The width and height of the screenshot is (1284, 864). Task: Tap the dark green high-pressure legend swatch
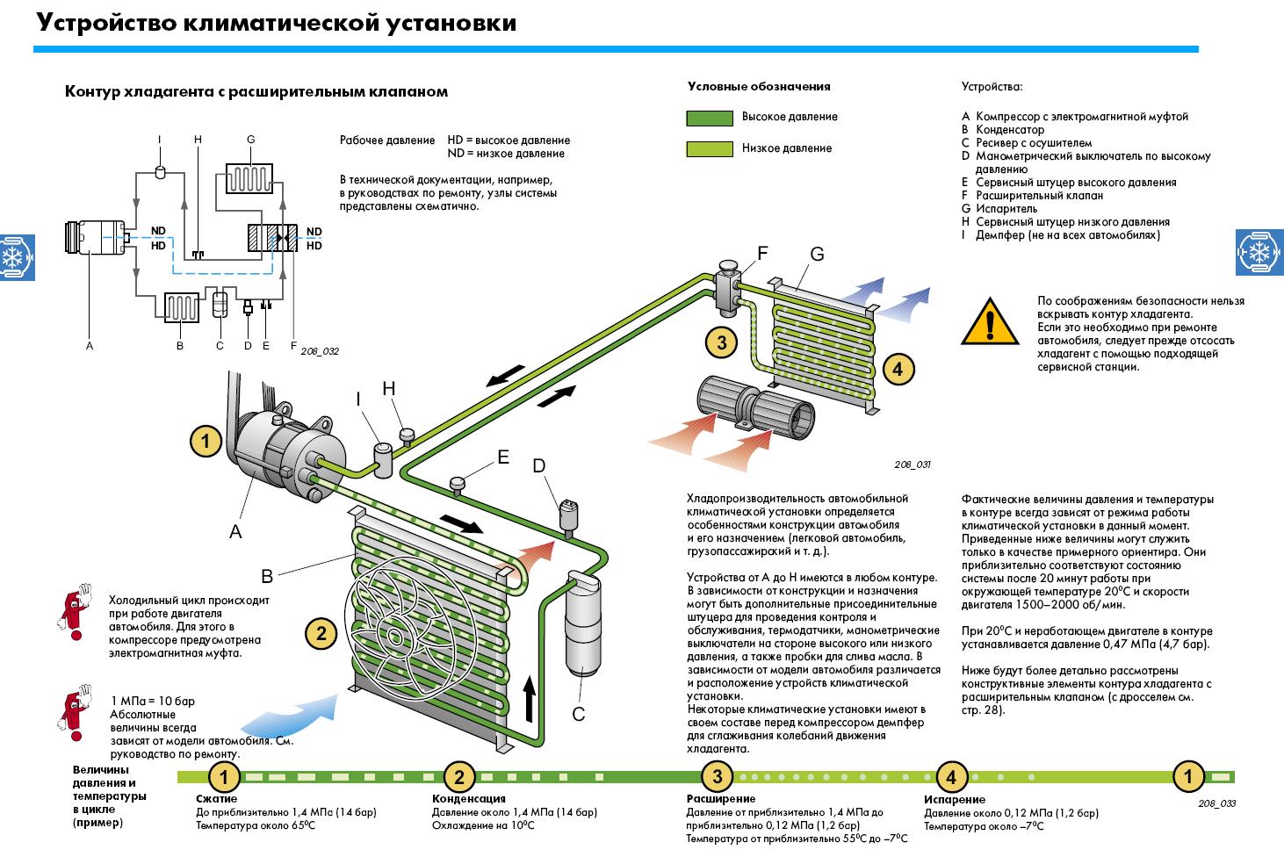point(709,118)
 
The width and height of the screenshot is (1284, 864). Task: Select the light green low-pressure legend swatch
point(709,149)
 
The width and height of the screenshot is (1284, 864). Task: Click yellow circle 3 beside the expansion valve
point(722,342)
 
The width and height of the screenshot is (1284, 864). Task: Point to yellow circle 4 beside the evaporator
point(898,369)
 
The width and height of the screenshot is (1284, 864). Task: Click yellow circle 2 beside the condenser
point(321,633)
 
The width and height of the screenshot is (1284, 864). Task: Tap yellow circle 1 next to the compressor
point(206,440)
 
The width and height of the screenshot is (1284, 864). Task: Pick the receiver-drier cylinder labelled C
point(581,625)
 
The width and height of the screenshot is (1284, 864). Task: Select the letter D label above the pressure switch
point(539,465)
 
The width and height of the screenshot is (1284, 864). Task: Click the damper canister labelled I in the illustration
point(383,460)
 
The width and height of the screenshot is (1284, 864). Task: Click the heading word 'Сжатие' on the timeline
point(216,799)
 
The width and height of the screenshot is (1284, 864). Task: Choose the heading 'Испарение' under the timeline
point(954,800)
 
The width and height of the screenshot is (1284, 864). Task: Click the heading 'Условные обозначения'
point(758,87)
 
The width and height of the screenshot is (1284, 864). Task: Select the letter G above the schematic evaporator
point(250,140)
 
